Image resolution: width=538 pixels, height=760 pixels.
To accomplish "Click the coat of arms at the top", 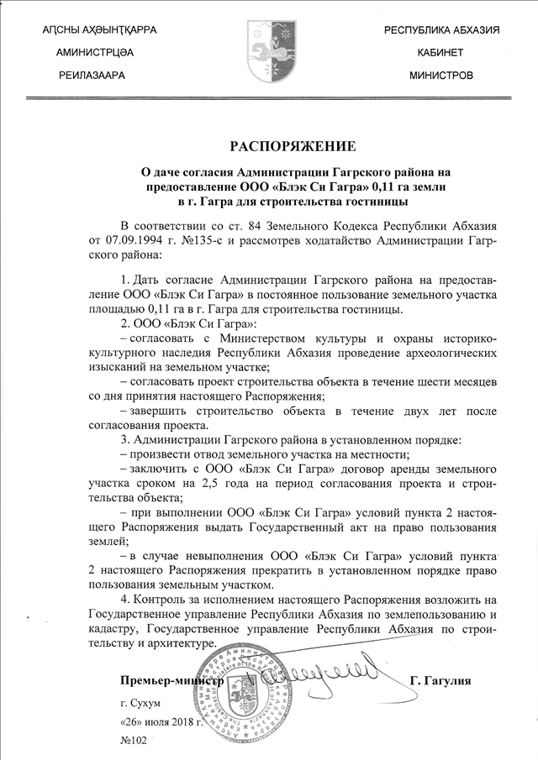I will coord(269,52).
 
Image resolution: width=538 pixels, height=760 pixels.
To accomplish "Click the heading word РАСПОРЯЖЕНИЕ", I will coord(268,145).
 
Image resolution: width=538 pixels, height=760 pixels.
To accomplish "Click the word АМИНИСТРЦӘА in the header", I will coord(93,52).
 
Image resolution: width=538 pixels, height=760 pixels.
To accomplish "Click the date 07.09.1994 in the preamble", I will coord(134,241).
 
